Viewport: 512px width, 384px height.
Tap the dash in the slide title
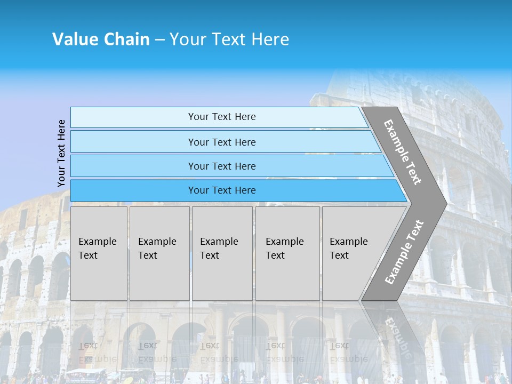click(x=159, y=40)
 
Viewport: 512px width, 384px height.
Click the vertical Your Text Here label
click(x=61, y=154)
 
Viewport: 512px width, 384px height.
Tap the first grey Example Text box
click(x=99, y=253)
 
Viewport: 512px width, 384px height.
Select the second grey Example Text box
click(x=159, y=253)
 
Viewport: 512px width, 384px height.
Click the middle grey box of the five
click(x=222, y=253)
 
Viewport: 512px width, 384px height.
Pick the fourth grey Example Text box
click(x=287, y=253)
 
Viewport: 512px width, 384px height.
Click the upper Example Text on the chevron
click(x=403, y=152)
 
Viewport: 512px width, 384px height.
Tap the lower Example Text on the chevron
click(x=404, y=252)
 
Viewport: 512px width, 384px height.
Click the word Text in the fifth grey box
click(x=339, y=255)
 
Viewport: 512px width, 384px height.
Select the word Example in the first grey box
click(x=97, y=242)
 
